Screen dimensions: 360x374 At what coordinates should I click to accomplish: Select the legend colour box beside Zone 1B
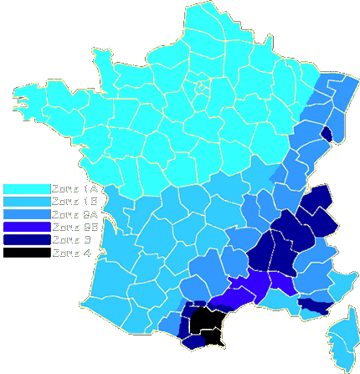[25, 202]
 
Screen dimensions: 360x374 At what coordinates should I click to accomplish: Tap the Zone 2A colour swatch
[25, 214]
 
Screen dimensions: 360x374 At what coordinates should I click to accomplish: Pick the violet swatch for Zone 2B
[25, 227]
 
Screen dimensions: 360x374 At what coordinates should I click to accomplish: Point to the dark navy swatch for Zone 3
[25, 239]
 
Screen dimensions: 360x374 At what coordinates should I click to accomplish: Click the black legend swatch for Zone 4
[25, 252]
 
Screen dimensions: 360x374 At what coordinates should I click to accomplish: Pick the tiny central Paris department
[200, 84]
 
